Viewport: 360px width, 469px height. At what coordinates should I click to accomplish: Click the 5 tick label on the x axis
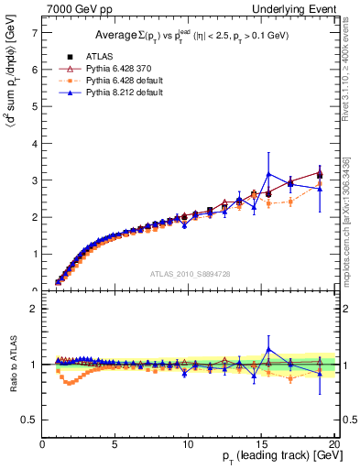(x=115, y=443)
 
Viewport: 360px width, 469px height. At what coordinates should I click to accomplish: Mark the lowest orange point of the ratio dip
(x=69, y=383)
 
